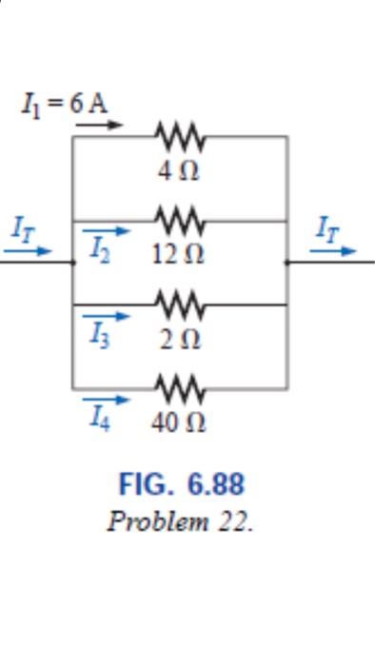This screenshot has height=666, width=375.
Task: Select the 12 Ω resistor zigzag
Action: pos(180,221)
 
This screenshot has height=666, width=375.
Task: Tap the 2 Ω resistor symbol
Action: pos(180,304)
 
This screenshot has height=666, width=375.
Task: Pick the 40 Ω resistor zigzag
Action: pos(180,388)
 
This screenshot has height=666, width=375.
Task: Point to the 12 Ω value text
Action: pos(177,255)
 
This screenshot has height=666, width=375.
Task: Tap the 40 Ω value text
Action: pos(177,422)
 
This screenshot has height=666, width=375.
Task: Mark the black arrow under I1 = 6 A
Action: pos(99,124)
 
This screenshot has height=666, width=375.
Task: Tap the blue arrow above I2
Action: pos(105,230)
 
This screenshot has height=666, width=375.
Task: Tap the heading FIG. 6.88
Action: pos(181,484)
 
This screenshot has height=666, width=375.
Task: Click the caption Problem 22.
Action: pos(181,522)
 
